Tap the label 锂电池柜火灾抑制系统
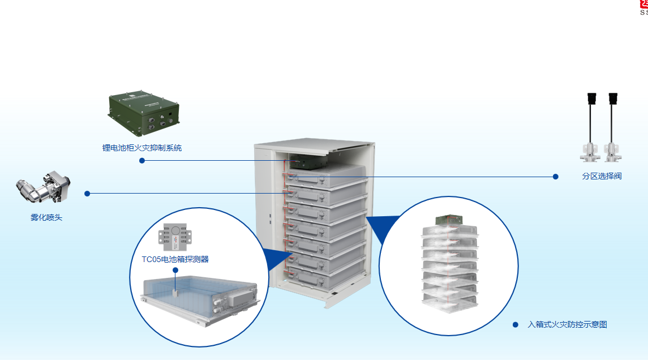pyautogui.click(x=142, y=148)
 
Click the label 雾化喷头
pyautogui.click(x=46, y=217)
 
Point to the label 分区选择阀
pyautogui.click(x=602, y=176)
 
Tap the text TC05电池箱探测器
pyautogui.click(x=175, y=259)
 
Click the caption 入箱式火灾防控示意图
pyautogui.click(x=567, y=324)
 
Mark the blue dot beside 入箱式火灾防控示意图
pyautogui.click(x=516, y=324)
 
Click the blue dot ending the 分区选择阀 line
pyautogui.click(x=555, y=177)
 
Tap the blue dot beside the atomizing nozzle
pyautogui.click(x=87, y=194)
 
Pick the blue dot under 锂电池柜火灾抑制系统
pyautogui.click(x=142, y=160)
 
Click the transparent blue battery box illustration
pyautogui.click(x=198, y=297)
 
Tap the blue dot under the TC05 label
pyautogui.click(x=175, y=271)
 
